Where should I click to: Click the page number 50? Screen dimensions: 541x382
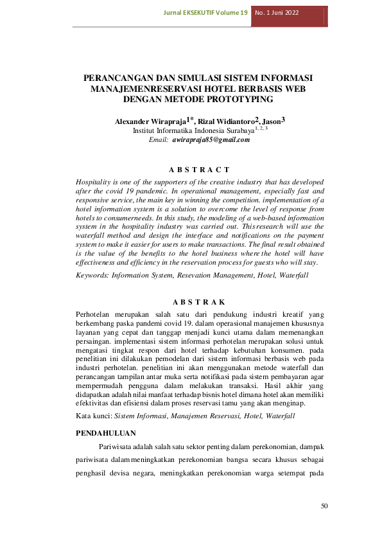pyautogui.click(x=324, y=506)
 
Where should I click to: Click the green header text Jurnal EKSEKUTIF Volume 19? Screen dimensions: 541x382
pyautogui.click(x=205, y=12)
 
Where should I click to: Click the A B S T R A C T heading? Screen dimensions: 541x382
pyautogui.click(x=199, y=169)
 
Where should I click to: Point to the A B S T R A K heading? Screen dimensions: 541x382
pyautogui.click(x=199, y=301)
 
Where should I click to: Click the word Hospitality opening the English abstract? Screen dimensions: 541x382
pyautogui.click(x=95, y=182)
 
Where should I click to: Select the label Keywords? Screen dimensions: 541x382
pyautogui.click(x=92, y=275)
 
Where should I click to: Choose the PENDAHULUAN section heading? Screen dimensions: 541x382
pyautogui.click(x=106, y=434)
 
